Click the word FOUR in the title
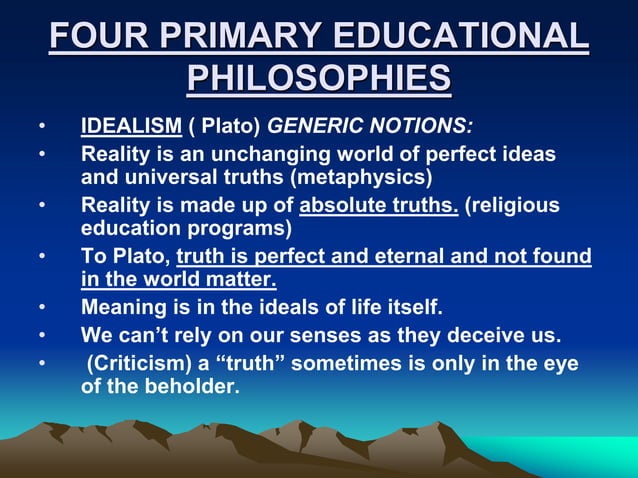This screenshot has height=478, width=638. coord(94,38)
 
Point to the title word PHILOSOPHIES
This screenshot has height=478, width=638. coord(318,79)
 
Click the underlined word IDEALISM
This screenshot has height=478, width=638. coord(130,129)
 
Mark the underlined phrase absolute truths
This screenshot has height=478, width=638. coord(379,206)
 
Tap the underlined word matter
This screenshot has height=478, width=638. coord(243,279)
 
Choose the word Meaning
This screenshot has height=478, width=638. coord(121,306)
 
